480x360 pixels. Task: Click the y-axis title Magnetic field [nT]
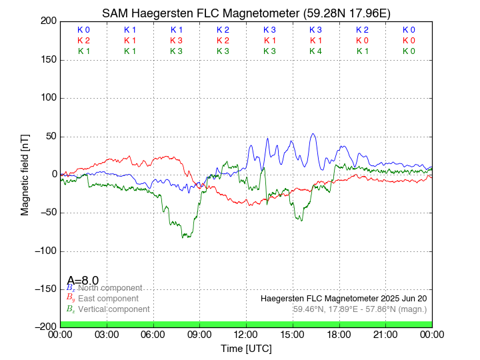(25, 173)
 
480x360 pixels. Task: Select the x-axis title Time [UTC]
(246, 348)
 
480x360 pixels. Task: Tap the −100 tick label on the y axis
(45, 251)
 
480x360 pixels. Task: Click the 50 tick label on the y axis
(50, 137)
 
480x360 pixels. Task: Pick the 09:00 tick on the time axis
(199, 334)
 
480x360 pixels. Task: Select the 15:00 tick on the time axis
(293, 334)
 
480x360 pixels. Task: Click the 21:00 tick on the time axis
(385, 334)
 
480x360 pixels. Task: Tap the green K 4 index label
(315, 51)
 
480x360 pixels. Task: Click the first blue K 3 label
(269, 30)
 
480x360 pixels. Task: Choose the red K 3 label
(176, 41)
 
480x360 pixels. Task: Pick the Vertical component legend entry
(113, 309)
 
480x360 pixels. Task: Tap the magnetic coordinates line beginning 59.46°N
(360, 309)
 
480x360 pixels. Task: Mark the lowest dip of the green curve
(187, 237)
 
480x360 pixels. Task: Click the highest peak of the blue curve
(313, 133)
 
